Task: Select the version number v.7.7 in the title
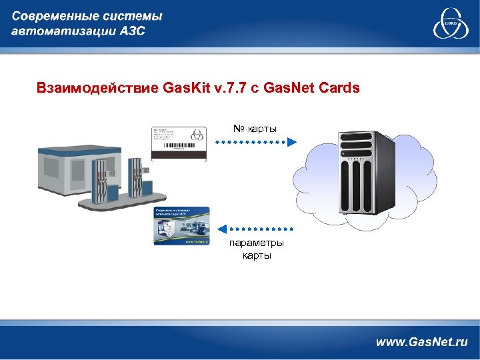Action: click(231, 88)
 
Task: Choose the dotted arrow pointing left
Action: click(257, 227)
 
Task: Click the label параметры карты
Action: click(257, 248)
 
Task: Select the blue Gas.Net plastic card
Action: click(181, 226)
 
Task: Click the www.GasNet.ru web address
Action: click(421, 341)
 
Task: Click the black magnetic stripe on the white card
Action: click(181, 156)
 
